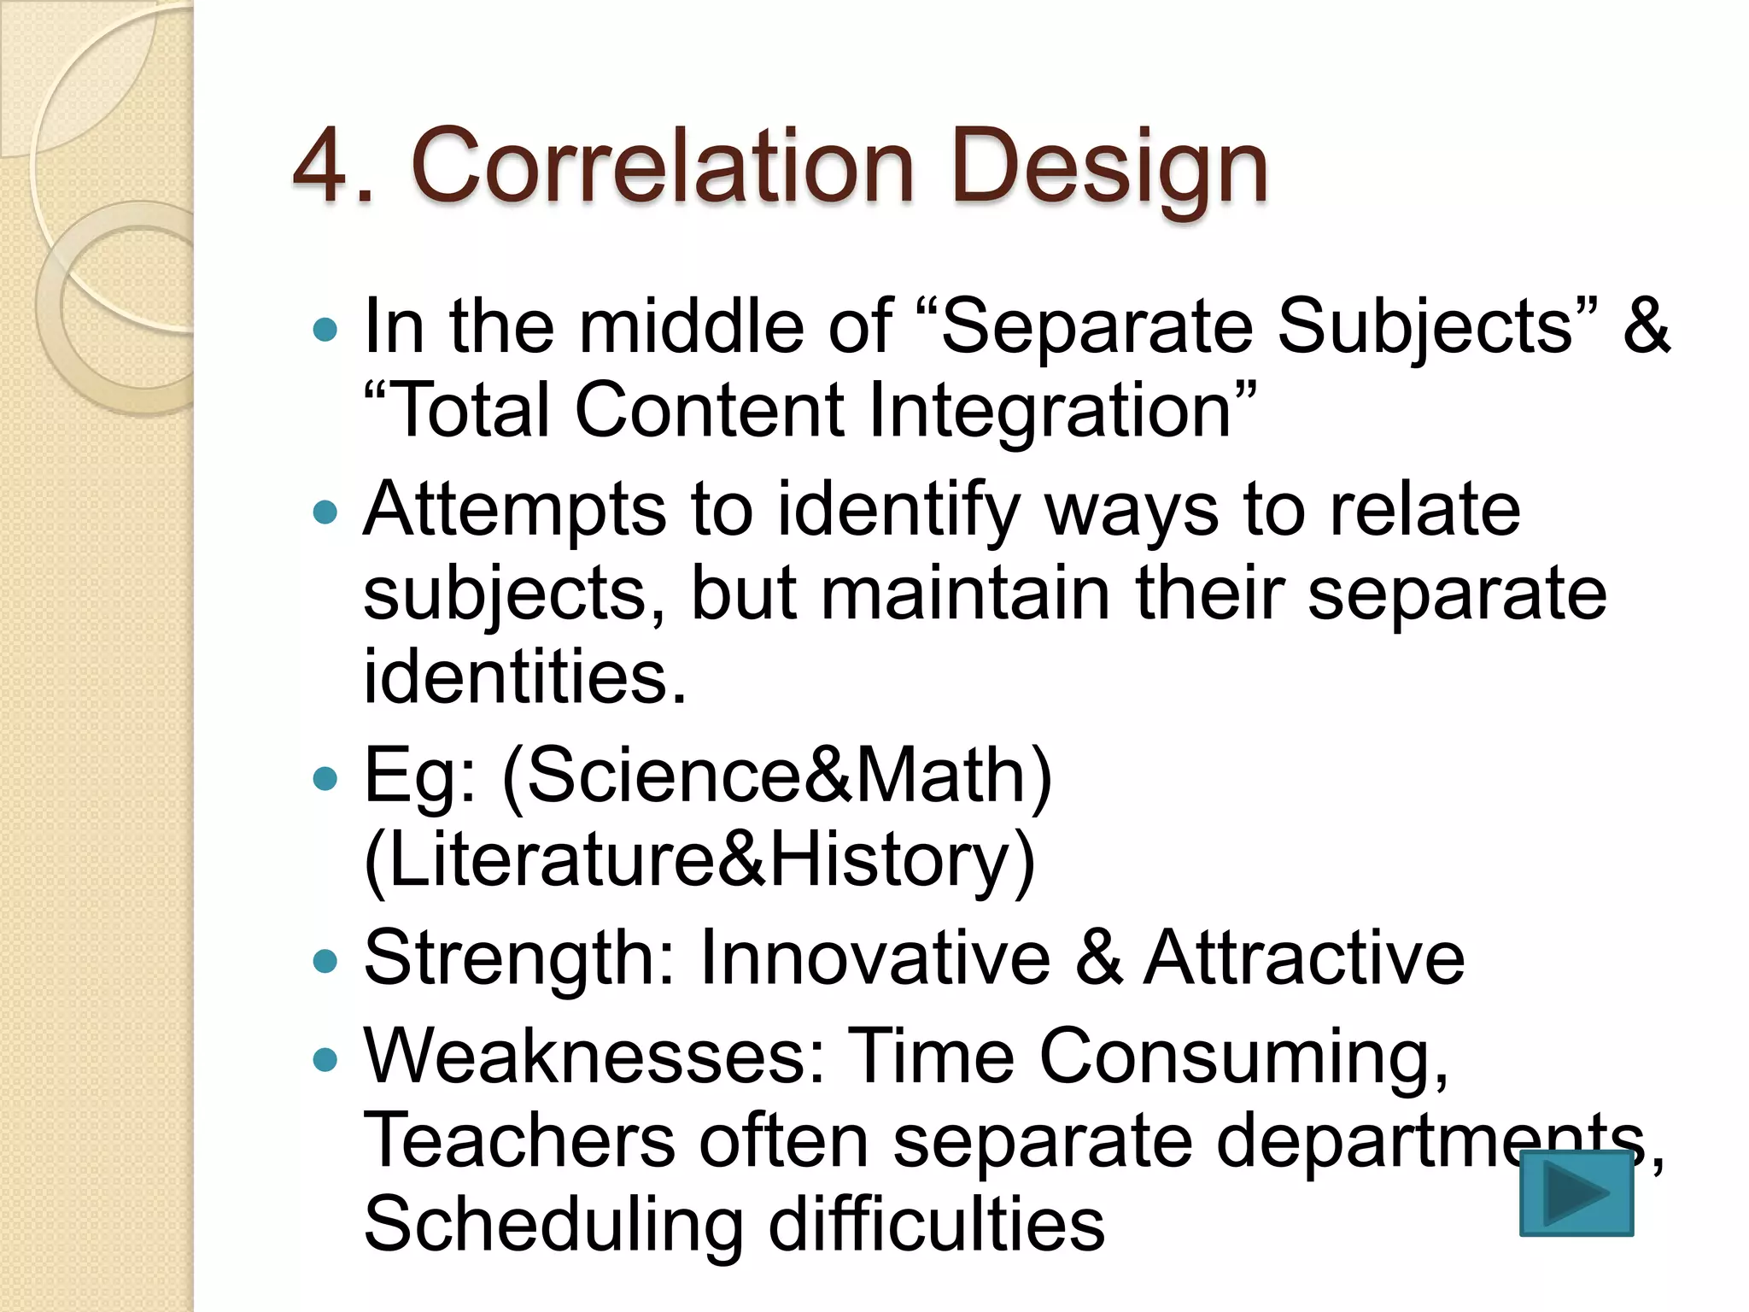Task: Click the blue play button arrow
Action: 1576,1192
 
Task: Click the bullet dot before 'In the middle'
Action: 325,330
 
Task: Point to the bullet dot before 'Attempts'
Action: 325,512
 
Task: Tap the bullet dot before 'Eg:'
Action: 325,778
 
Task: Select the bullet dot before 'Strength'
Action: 325,962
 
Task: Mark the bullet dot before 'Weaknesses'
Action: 325,1060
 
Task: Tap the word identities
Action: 524,676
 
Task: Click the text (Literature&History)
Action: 699,861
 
